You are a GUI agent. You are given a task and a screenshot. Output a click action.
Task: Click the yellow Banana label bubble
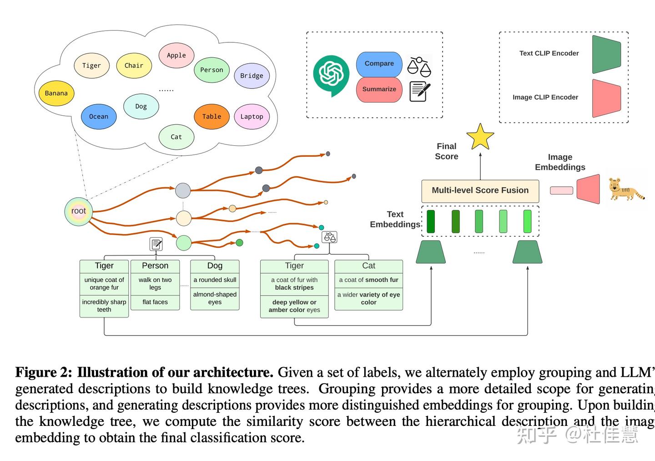56,93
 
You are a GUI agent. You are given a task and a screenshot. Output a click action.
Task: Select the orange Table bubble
212,117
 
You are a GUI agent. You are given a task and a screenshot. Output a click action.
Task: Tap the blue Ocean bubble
99,117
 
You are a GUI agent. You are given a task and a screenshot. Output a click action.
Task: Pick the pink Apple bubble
176,55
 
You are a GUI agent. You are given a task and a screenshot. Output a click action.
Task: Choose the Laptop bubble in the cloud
252,117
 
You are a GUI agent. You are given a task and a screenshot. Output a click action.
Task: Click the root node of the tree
79,211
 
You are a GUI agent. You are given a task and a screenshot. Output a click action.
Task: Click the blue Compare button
379,64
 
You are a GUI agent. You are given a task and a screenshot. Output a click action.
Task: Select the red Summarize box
379,89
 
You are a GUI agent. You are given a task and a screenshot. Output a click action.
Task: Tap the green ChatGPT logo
331,74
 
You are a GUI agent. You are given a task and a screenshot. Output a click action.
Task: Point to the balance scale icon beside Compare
419,67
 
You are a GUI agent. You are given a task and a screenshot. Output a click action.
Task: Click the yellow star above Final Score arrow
480,137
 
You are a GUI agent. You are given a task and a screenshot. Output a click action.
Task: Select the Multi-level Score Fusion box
480,191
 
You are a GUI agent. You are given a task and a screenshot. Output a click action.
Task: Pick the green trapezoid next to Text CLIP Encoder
606,55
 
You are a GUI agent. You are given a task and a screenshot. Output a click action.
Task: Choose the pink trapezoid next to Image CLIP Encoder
606,98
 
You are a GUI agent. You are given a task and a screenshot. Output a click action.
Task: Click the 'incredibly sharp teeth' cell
104,306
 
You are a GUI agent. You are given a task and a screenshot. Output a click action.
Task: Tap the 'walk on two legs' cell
155,283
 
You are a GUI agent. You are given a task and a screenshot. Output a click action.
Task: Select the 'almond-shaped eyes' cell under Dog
215,298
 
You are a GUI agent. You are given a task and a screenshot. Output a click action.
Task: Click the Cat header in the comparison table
368,266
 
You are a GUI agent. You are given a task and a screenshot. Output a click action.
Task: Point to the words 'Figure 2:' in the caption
44,373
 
